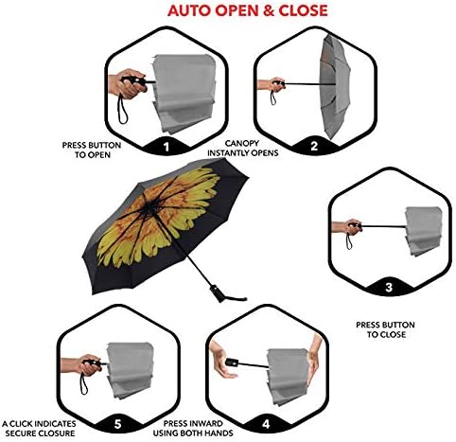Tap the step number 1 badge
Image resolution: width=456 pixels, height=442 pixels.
(x=167, y=148)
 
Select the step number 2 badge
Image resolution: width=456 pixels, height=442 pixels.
(x=311, y=147)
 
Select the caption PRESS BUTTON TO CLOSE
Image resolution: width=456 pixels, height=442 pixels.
(x=382, y=330)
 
